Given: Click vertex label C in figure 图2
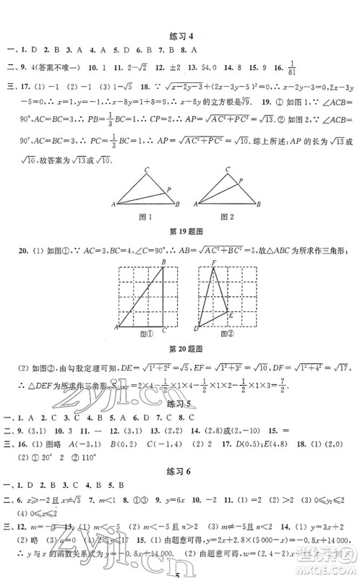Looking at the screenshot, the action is point(218,171).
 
